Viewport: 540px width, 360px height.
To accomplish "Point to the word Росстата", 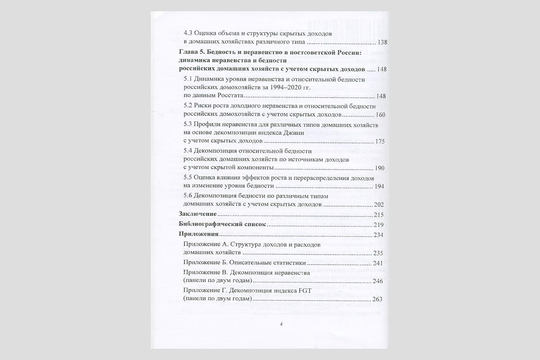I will tap(228, 96).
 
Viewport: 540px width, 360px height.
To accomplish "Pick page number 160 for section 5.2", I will tap(380, 114).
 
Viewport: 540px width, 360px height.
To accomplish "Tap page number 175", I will tap(380, 141).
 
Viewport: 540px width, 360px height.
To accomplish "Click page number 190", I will tap(380, 168).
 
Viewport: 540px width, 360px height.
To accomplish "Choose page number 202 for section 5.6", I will tap(380, 204).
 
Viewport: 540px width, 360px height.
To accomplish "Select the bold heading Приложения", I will tap(198, 234).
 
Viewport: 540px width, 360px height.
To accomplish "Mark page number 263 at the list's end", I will tap(377, 299).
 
